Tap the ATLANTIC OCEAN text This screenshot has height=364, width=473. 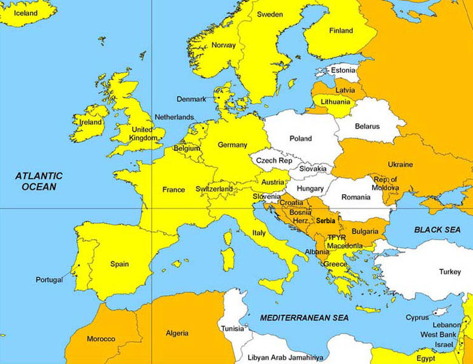pyautogui.click(x=39, y=181)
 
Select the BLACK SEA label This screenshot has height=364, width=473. pyautogui.click(x=437, y=230)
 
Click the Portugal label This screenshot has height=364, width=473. pyautogui.click(x=49, y=280)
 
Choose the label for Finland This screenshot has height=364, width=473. pyautogui.click(x=341, y=31)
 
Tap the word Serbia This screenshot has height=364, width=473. pyautogui.click(x=326, y=221)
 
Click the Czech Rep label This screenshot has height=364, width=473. pyautogui.click(x=273, y=161)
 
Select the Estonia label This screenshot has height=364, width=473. pyautogui.click(x=343, y=70)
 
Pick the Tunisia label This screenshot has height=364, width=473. pyautogui.click(x=233, y=329)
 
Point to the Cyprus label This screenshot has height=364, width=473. pyautogui.click(x=417, y=318)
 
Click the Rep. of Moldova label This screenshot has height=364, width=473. pyautogui.click(x=386, y=183)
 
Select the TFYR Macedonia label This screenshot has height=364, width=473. pyautogui.click(x=345, y=241)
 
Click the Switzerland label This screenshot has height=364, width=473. pyautogui.click(x=214, y=189)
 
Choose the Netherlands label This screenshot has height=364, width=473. pyautogui.click(x=174, y=117)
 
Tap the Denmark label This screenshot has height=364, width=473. pyautogui.click(x=191, y=99)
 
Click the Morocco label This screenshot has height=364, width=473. pyautogui.click(x=101, y=339)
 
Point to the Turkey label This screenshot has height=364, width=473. pyautogui.click(x=450, y=272)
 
